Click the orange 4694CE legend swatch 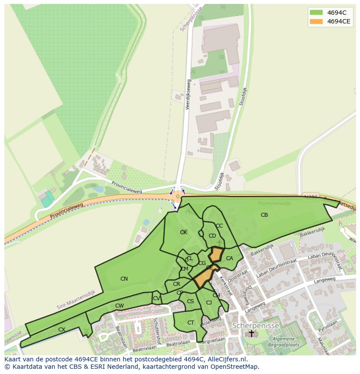pyautogui.click(x=316, y=21)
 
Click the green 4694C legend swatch pyautogui.click(x=316, y=12)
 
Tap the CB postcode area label pyautogui.click(x=264, y=215)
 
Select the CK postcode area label pyautogui.click(x=183, y=232)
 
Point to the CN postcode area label pyautogui.click(x=124, y=279)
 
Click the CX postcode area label pyautogui.click(x=62, y=330)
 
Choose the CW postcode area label pyautogui.click(x=119, y=306)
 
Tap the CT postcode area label pyautogui.click(x=190, y=323)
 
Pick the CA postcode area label pyautogui.click(x=230, y=258)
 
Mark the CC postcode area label pyautogui.click(x=219, y=226)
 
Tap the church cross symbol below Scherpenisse pyautogui.click(x=251, y=333)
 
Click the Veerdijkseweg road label pyautogui.click(x=188, y=94)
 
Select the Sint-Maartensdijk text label pyautogui.click(x=76, y=300)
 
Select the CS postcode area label pyautogui.click(x=190, y=301)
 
